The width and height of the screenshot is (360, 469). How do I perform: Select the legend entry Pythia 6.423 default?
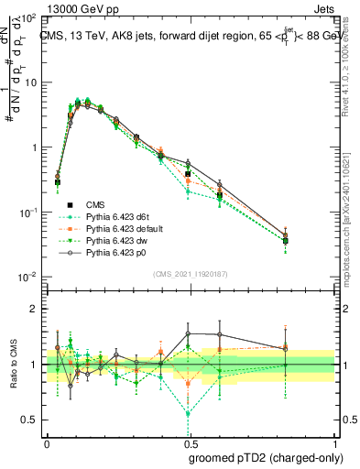click(x=125, y=228)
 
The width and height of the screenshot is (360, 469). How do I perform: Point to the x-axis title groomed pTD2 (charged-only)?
click(x=265, y=457)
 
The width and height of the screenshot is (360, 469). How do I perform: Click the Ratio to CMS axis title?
click(x=14, y=365)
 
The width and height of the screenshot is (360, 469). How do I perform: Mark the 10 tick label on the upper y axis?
click(x=30, y=82)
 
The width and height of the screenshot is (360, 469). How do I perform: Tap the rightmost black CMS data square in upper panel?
click(x=286, y=241)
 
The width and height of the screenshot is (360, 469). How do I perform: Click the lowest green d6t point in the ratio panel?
click(x=189, y=414)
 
